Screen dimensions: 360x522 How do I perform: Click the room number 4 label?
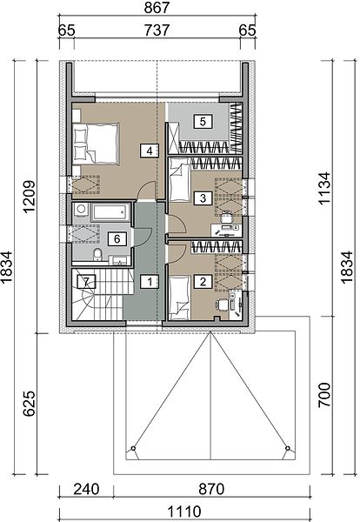150,151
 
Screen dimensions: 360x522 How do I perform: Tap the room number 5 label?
203,122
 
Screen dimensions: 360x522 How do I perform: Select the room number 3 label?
203,198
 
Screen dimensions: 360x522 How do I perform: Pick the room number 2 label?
203,282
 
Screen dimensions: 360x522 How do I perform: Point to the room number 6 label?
117,238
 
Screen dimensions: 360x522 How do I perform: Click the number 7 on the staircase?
86,282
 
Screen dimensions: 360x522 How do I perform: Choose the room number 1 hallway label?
150,282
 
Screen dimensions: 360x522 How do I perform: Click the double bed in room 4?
96,144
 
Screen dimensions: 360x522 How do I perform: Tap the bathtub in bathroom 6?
110,212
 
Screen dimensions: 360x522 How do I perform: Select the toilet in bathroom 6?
97,255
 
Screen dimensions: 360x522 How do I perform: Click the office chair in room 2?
222,304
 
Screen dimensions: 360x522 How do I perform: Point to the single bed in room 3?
180,180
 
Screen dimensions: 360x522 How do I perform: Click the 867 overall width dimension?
157,7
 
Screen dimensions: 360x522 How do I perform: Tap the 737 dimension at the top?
157,30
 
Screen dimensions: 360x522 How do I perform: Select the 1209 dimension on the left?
29,197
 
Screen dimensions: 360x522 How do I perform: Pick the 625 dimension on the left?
29,404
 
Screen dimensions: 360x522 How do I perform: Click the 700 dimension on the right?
324,395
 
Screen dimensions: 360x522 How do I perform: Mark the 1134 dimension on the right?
324,188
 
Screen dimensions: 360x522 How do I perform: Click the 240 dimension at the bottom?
86,489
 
